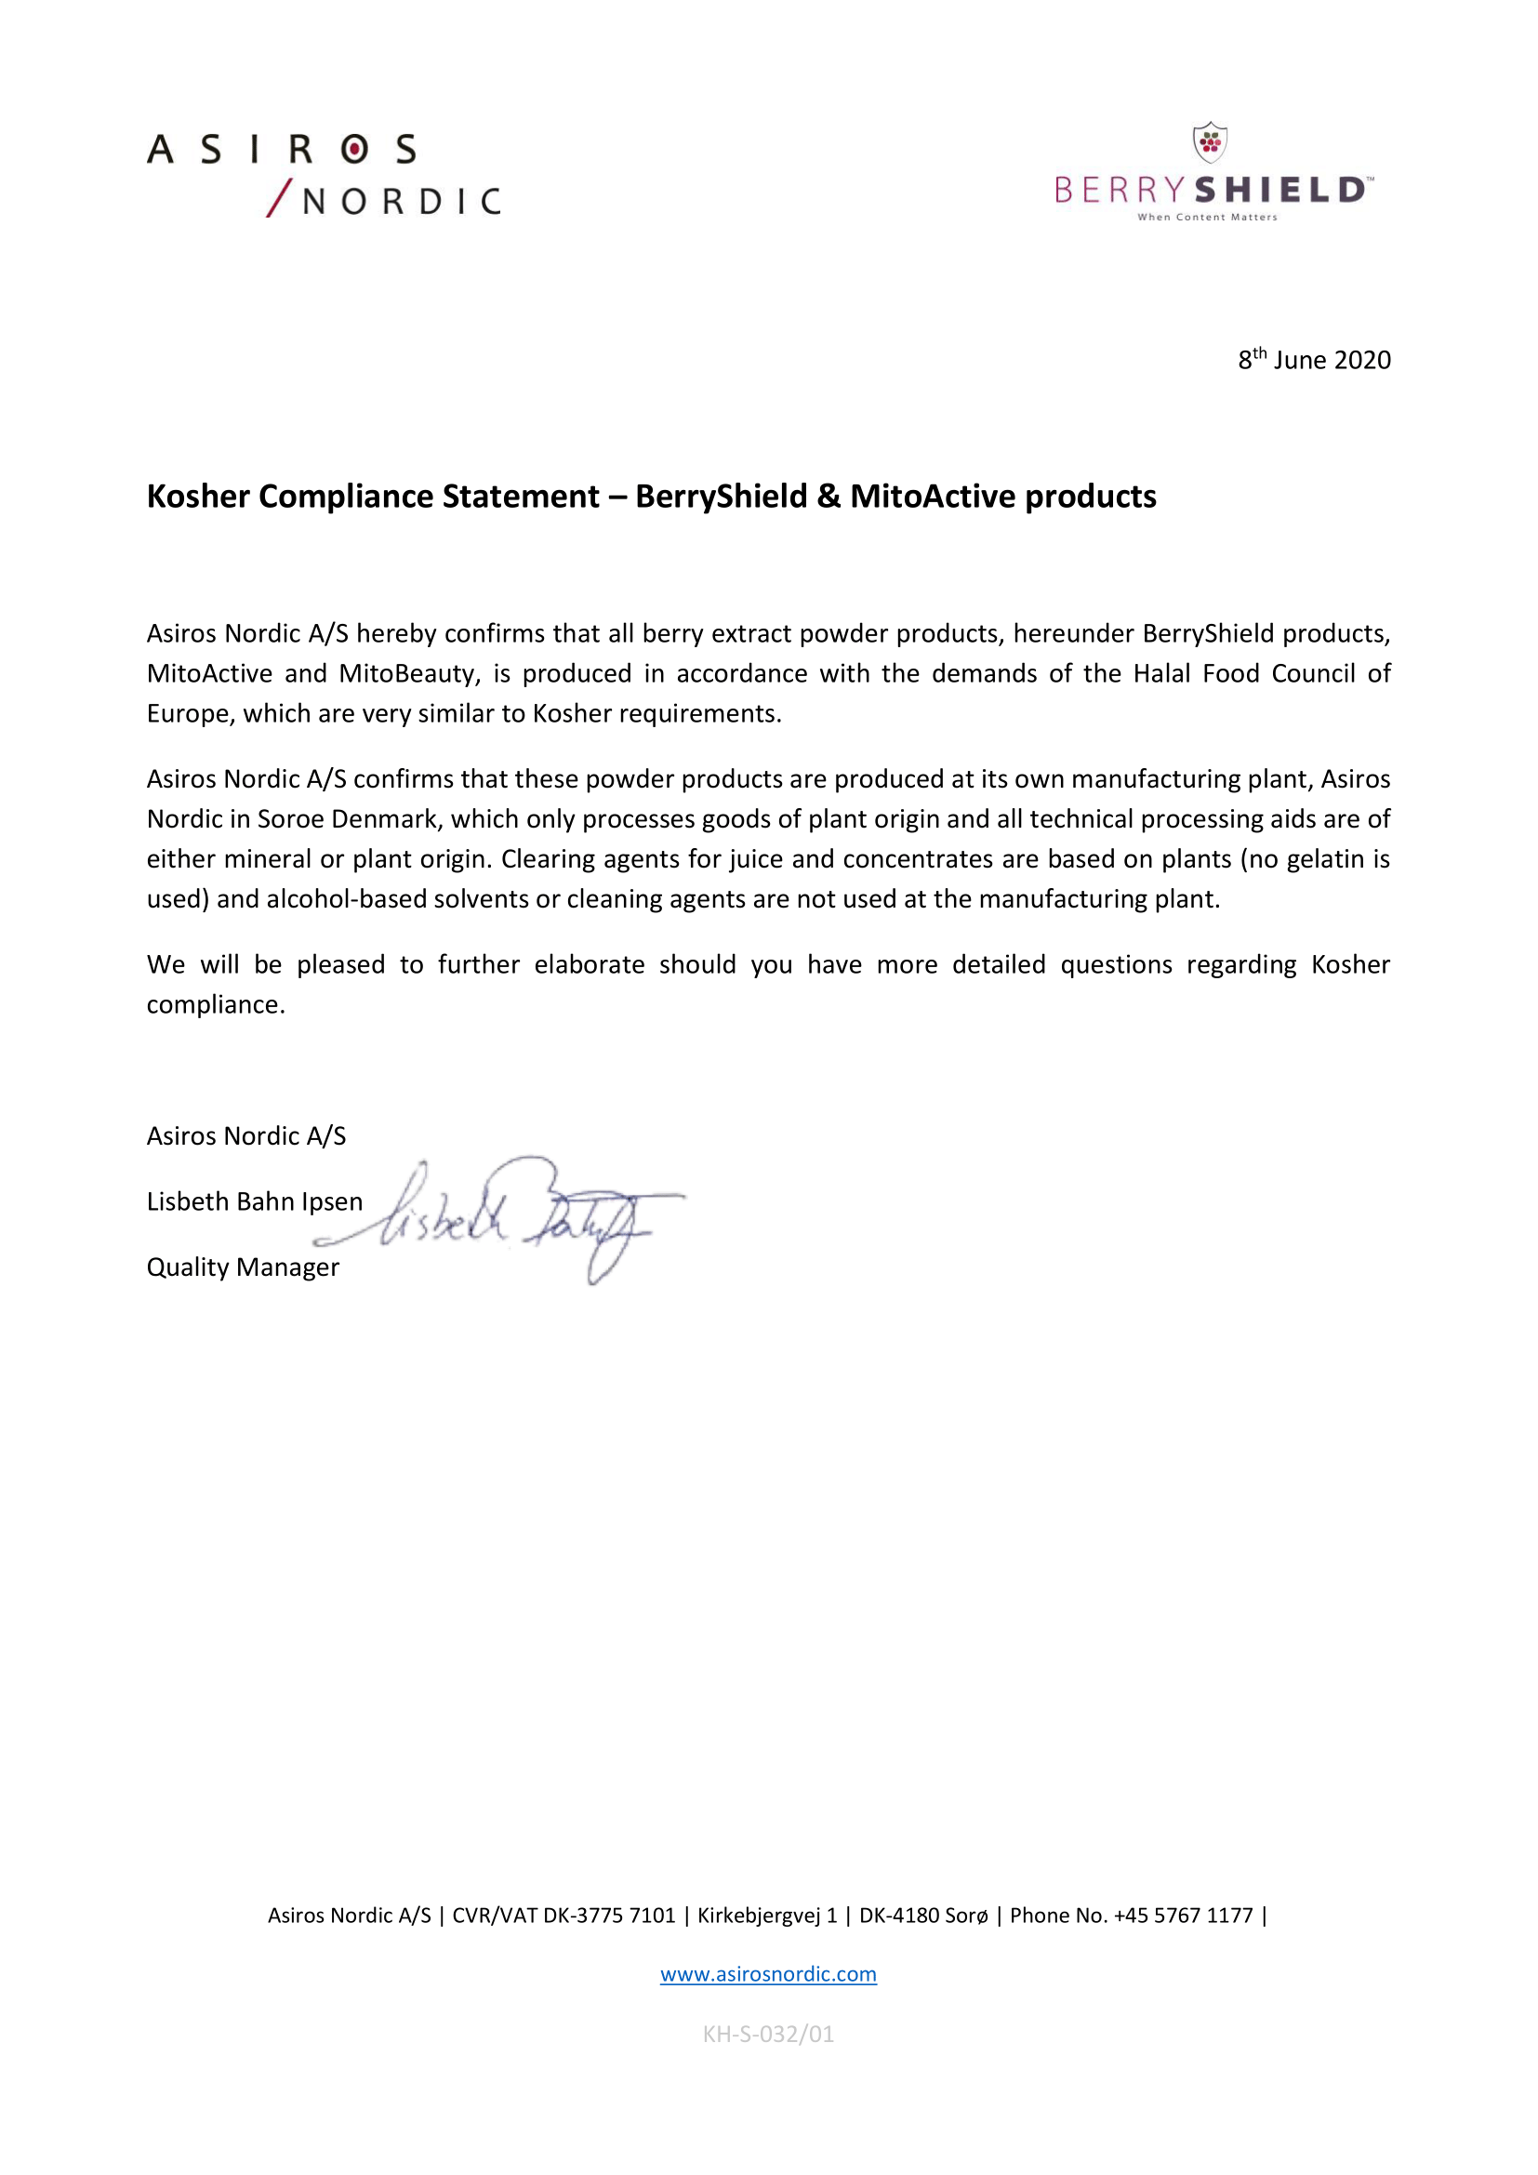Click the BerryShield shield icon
click(1210, 142)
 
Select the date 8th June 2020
click(1314, 360)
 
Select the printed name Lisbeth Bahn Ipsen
click(255, 1201)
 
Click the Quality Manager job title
click(243, 1267)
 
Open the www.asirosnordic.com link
click(768, 1974)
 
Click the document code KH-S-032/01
click(768, 2034)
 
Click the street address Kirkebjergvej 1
click(767, 1916)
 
